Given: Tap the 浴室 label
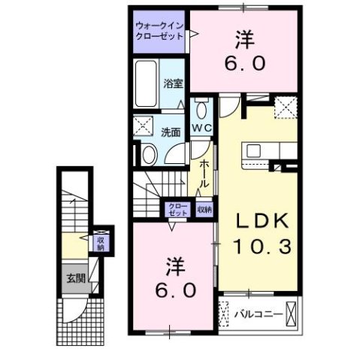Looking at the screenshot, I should pos(174,83).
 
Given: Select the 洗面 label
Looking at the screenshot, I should pos(171,132).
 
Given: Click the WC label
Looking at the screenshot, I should pos(201,129).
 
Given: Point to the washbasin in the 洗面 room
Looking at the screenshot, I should pos(148,154).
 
